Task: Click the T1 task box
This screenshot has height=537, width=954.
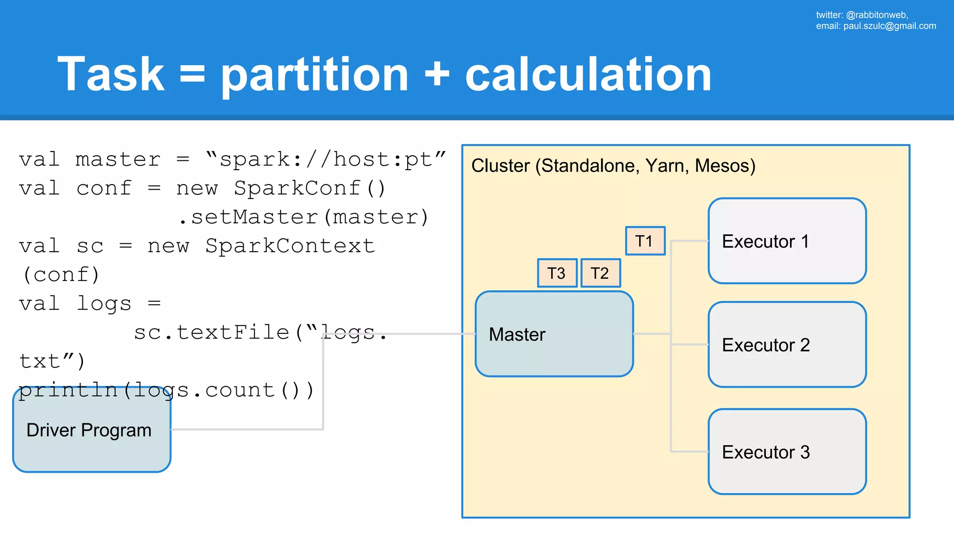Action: [645, 241]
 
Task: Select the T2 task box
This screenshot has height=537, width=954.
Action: [600, 273]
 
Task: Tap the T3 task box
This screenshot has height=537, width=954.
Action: [557, 273]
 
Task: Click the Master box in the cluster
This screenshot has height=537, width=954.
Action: [554, 334]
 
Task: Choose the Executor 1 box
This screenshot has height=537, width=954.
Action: [787, 241]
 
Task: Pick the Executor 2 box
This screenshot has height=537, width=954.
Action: [787, 344]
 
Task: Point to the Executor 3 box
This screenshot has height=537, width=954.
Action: [787, 452]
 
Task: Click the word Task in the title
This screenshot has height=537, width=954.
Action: [111, 74]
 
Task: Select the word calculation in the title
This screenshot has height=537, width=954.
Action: [588, 74]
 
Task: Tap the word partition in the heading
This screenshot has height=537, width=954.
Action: [314, 74]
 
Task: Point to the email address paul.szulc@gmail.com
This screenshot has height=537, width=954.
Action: [889, 26]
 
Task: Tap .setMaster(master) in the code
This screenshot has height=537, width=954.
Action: [304, 217]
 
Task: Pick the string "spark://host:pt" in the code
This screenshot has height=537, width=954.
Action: [326, 159]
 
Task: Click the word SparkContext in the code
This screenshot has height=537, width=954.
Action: [290, 246]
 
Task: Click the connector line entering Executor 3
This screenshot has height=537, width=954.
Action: [689, 451]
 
